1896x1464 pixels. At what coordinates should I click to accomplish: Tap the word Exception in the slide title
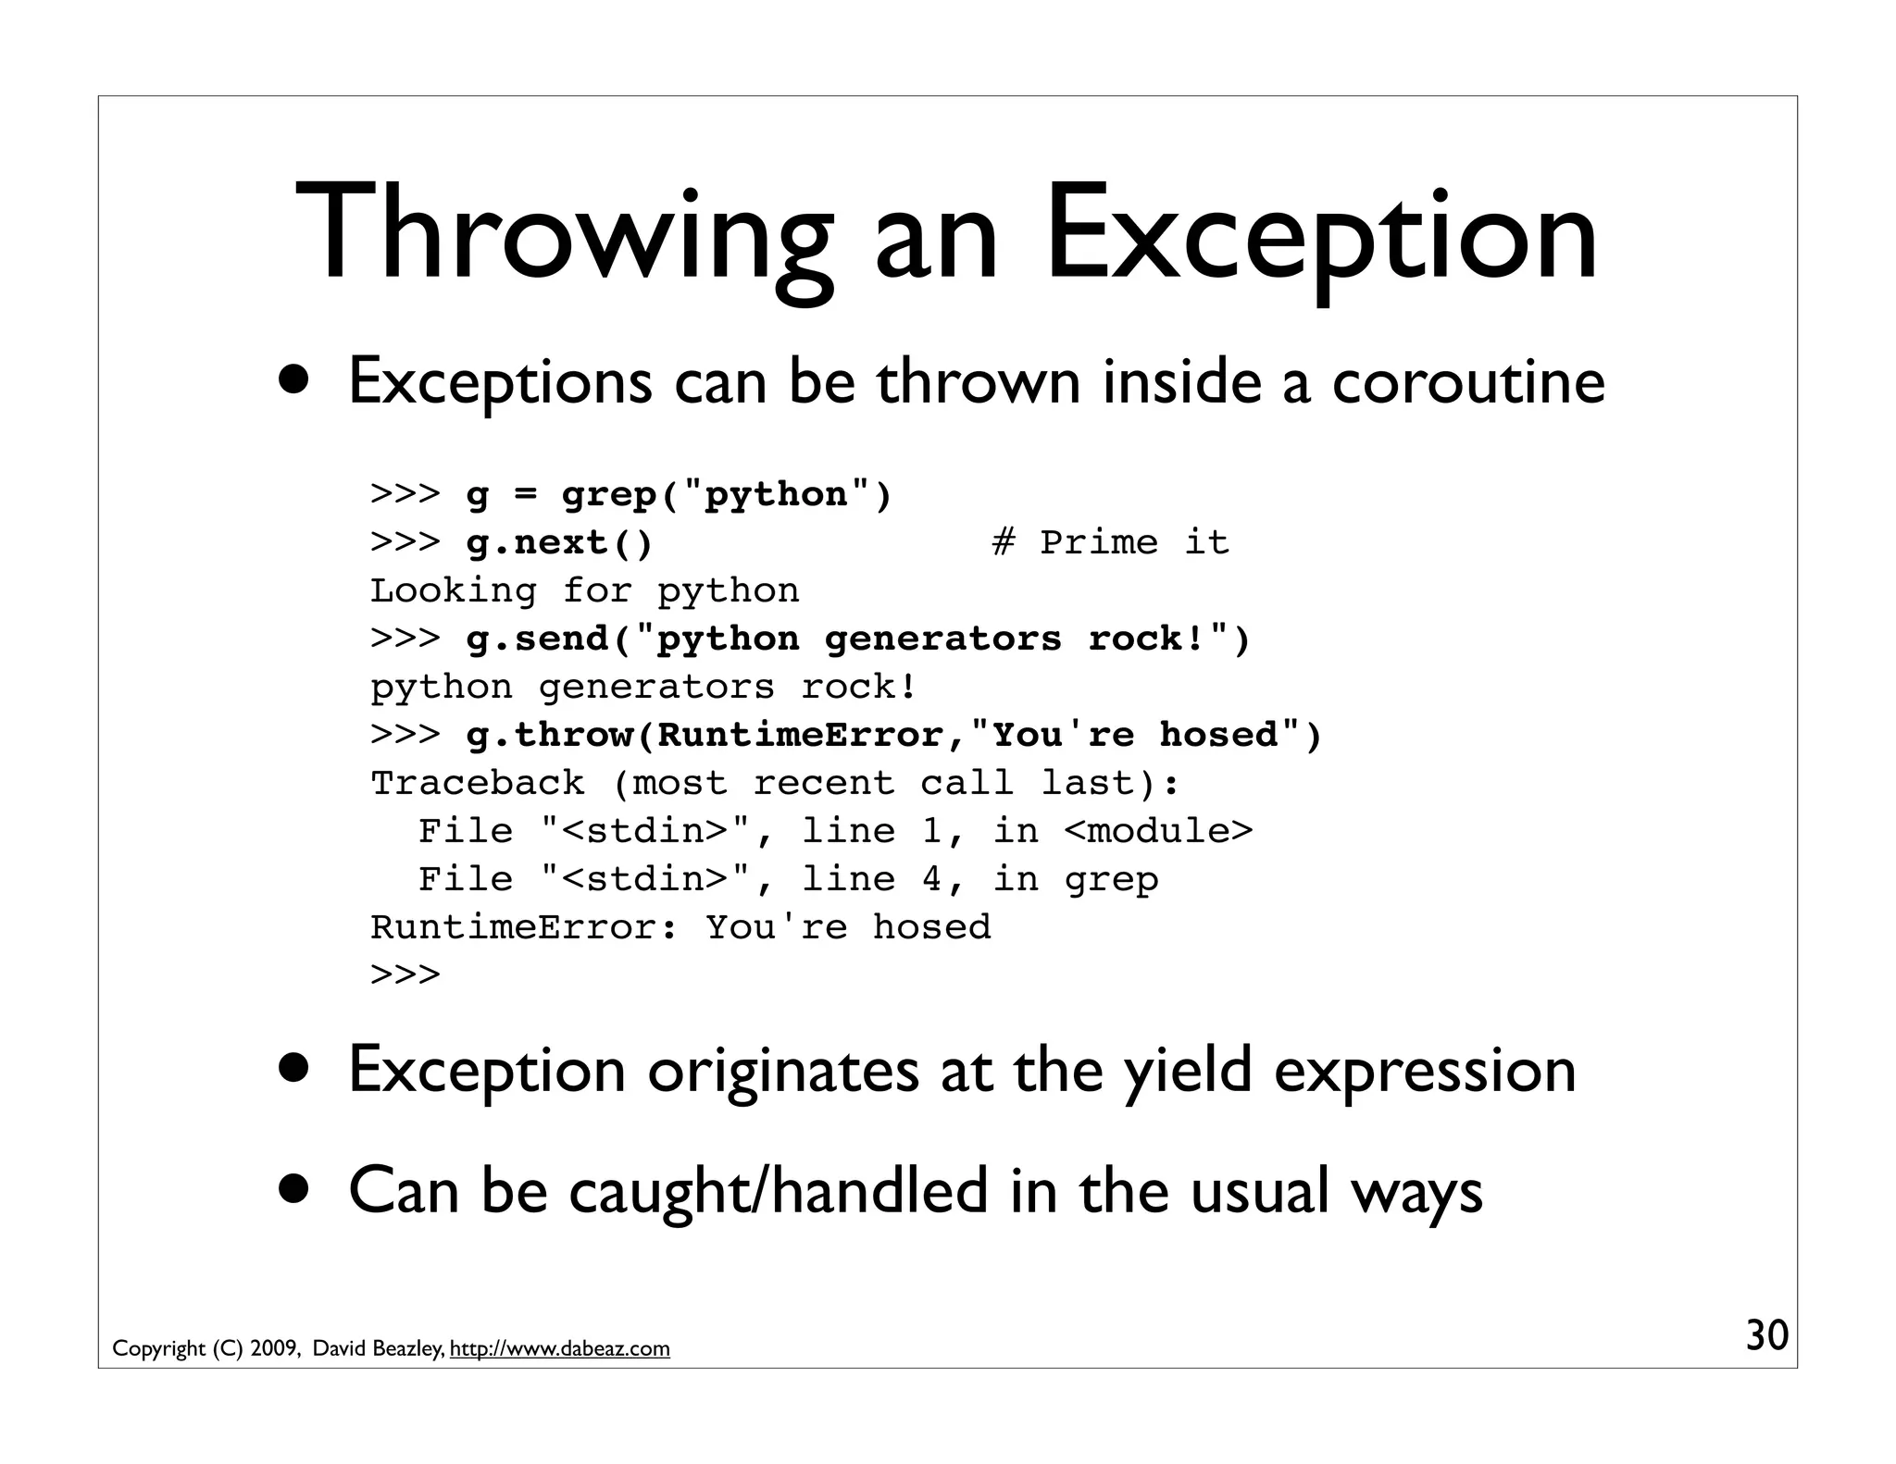tap(1321, 233)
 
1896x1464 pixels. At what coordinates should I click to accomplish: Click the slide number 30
tap(1766, 1335)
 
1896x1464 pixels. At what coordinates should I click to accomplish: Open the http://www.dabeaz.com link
tap(559, 1348)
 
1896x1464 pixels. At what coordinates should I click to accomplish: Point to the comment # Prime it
tap(1110, 542)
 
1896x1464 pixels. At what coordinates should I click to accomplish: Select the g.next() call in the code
tap(559, 542)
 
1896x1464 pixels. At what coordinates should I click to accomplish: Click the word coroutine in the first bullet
tap(1467, 381)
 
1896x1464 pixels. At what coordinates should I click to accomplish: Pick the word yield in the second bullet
tap(1188, 1070)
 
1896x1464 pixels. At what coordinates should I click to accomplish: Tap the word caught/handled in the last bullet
tap(779, 1191)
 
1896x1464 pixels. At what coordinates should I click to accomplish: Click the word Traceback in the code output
tap(478, 783)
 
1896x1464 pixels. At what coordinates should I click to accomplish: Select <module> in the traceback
tap(1158, 831)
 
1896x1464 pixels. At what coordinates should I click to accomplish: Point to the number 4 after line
tap(931, 879)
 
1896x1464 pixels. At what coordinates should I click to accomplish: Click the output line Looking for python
tap(584, 590)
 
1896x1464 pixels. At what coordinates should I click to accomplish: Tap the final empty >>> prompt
tap(405, 974)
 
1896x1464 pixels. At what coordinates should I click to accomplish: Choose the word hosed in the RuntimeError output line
tap(931, 927)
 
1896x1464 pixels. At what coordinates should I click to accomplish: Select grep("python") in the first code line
tap(726, 494)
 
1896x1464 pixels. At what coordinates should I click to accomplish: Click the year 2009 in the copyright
tap(273, 1348)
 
